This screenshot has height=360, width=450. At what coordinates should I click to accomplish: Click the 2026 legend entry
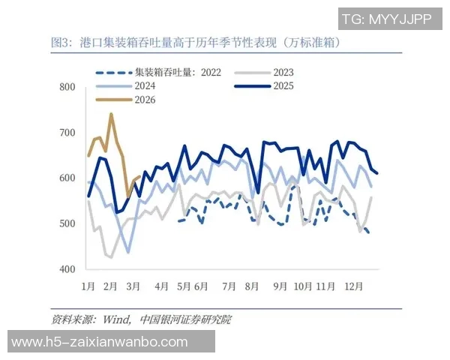point(143,100)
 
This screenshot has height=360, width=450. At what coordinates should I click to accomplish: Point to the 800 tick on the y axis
point(68,88)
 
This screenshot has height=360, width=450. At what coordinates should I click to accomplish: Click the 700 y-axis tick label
point(68,133)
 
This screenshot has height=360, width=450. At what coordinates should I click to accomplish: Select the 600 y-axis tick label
point(68,178)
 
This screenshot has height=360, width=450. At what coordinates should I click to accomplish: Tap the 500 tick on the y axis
point(68,223)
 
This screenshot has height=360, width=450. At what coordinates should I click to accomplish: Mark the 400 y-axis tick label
point(68,268)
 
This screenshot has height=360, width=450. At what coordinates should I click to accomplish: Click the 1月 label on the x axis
point(88,286)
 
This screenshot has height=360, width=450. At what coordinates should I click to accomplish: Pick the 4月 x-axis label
point(162,286)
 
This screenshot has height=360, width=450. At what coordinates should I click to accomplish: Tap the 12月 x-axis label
point(354,286)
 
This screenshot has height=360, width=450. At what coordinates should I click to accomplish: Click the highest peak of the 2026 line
point(111,115)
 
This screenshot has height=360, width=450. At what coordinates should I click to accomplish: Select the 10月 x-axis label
point(303,286)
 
